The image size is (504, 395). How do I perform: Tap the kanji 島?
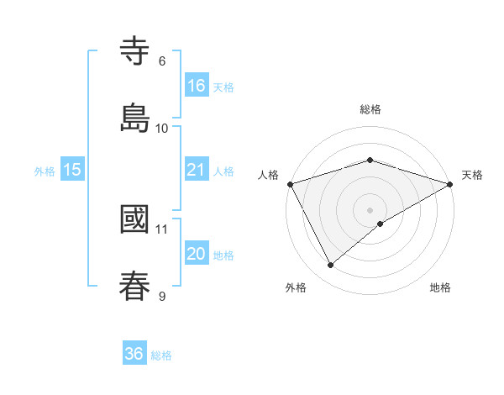135,117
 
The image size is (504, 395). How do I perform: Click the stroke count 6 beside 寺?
162,61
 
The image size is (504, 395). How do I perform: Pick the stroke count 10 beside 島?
162,128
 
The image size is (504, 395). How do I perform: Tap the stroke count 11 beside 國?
162,229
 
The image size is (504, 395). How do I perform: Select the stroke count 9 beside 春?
162,296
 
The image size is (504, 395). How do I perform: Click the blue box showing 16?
196,86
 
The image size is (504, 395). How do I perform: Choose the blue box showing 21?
196,170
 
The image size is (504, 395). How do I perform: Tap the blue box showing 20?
196,254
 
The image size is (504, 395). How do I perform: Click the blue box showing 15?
71,170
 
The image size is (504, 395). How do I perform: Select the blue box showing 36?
134,354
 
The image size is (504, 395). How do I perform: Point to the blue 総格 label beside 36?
161,355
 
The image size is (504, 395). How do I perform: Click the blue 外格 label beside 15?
45,171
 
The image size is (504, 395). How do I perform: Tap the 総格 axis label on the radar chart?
370,109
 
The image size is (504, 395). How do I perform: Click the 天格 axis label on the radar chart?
472,175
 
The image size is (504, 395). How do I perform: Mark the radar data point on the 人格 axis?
290,183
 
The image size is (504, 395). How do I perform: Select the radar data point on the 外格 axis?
331,266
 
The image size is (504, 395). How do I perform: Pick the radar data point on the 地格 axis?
381,224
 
